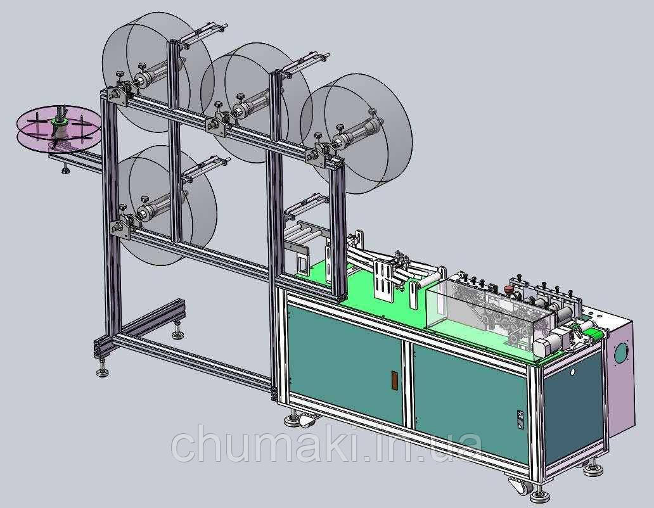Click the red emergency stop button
tap(508, 289)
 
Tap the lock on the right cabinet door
tap(520, 419)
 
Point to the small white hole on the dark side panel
tap(573, 372)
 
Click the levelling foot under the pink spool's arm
tap(65, 168)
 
